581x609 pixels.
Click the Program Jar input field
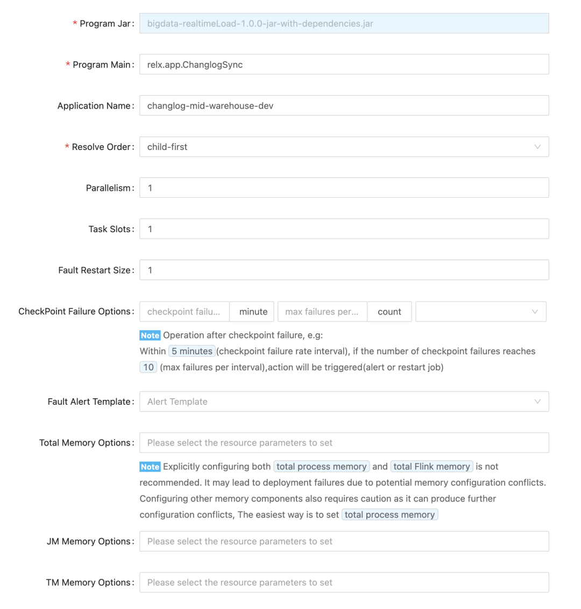pyautogui.click(x=344, y=24)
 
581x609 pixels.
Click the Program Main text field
pyautogui.click(x=344, y=65)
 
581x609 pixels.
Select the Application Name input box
pyautogui.click(x=344, y=106)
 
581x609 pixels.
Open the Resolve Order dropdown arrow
pyautogui.click(x=537, y=147)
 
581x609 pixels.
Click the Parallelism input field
pyautogui.click(x=344, y=188)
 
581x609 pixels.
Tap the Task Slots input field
pyautogui.click(x=344, y=229)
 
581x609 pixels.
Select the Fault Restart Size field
pyautogui.click(x=344, y=270)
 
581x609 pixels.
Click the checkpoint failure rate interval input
pyautogui.click(x=184, y=312)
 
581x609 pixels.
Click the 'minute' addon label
pyautogui.click(x=253, y=312)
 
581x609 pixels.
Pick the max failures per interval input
pyautogui.click(x=322, y=312)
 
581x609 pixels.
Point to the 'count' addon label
pyautogui.click(x=389, y=312)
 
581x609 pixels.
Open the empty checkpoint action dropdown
pyautogui.click(x=480, y=312)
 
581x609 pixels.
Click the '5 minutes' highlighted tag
pyautogui.click(x=192, y=352)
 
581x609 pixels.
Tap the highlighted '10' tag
pyautogui.click(x=148, y=368)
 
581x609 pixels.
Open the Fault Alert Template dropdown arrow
pyautogui.click(x=537, y=402)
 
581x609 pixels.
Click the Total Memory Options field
pyautogui.click(x=344, y=443)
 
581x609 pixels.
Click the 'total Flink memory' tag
pyautogui.click(x=431, y=467)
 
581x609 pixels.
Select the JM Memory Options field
pyautogui.click(x=344, y=541)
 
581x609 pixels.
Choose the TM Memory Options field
pyautogui.click(x=344, y=583)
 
